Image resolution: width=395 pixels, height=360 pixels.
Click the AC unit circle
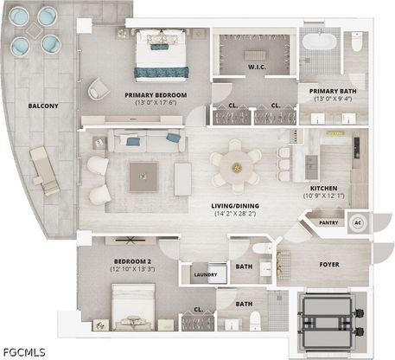coord(358,222)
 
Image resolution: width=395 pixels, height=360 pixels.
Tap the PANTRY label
coord(328,223)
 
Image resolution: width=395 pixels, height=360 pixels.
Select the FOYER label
coord(329,265)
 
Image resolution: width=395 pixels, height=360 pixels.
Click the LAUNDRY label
coord(206,274)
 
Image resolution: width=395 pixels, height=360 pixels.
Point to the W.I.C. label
coord(257,67)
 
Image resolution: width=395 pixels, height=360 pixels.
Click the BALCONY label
coord(43,106)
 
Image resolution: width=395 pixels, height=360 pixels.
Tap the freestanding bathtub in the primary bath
coord(319,42)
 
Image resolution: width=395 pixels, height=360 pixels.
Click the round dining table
coord(237,167)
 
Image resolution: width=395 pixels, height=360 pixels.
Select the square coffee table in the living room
coord(143,177)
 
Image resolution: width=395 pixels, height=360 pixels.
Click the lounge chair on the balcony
coord(45,170)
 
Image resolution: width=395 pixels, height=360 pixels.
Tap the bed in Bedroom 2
coord(133,307)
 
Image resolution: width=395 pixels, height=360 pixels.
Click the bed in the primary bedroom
coord(161,55)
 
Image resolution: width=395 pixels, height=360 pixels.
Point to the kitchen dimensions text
coord(323,196)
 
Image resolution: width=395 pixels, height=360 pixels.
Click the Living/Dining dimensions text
coord(235,214)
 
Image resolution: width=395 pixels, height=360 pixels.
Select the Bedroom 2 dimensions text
coord(132,269)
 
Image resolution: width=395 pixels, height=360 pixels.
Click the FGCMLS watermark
coord(24,352)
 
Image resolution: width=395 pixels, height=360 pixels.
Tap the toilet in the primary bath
coord(356,42)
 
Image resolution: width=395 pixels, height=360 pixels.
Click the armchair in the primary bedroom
coord(99,89)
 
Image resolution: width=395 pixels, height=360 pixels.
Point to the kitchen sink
coord(311,167)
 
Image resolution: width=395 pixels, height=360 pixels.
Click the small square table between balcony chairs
coord(34,30)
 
